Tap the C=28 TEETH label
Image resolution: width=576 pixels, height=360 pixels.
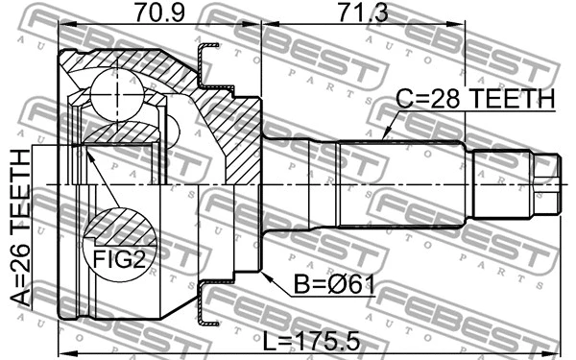coord(476,98)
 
